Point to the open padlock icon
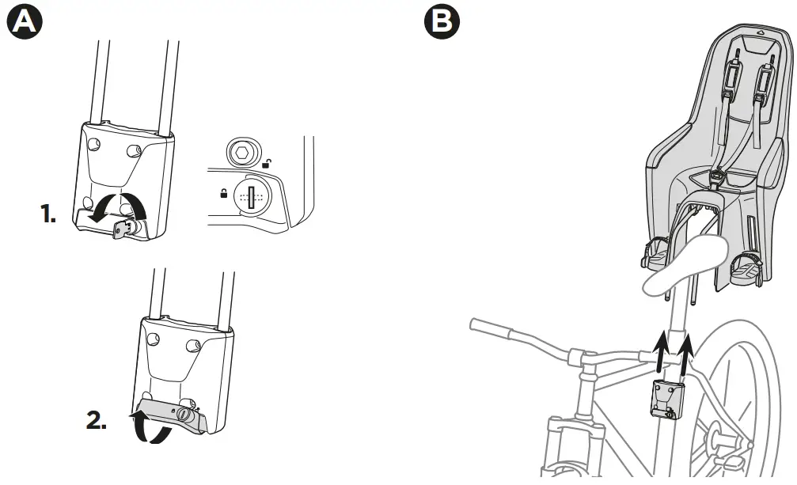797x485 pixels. [268, 165]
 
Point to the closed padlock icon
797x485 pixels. [224, 192]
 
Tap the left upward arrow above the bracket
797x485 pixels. [658, 351]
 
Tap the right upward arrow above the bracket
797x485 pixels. [685, 351]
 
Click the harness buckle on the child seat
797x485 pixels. [716, 176]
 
